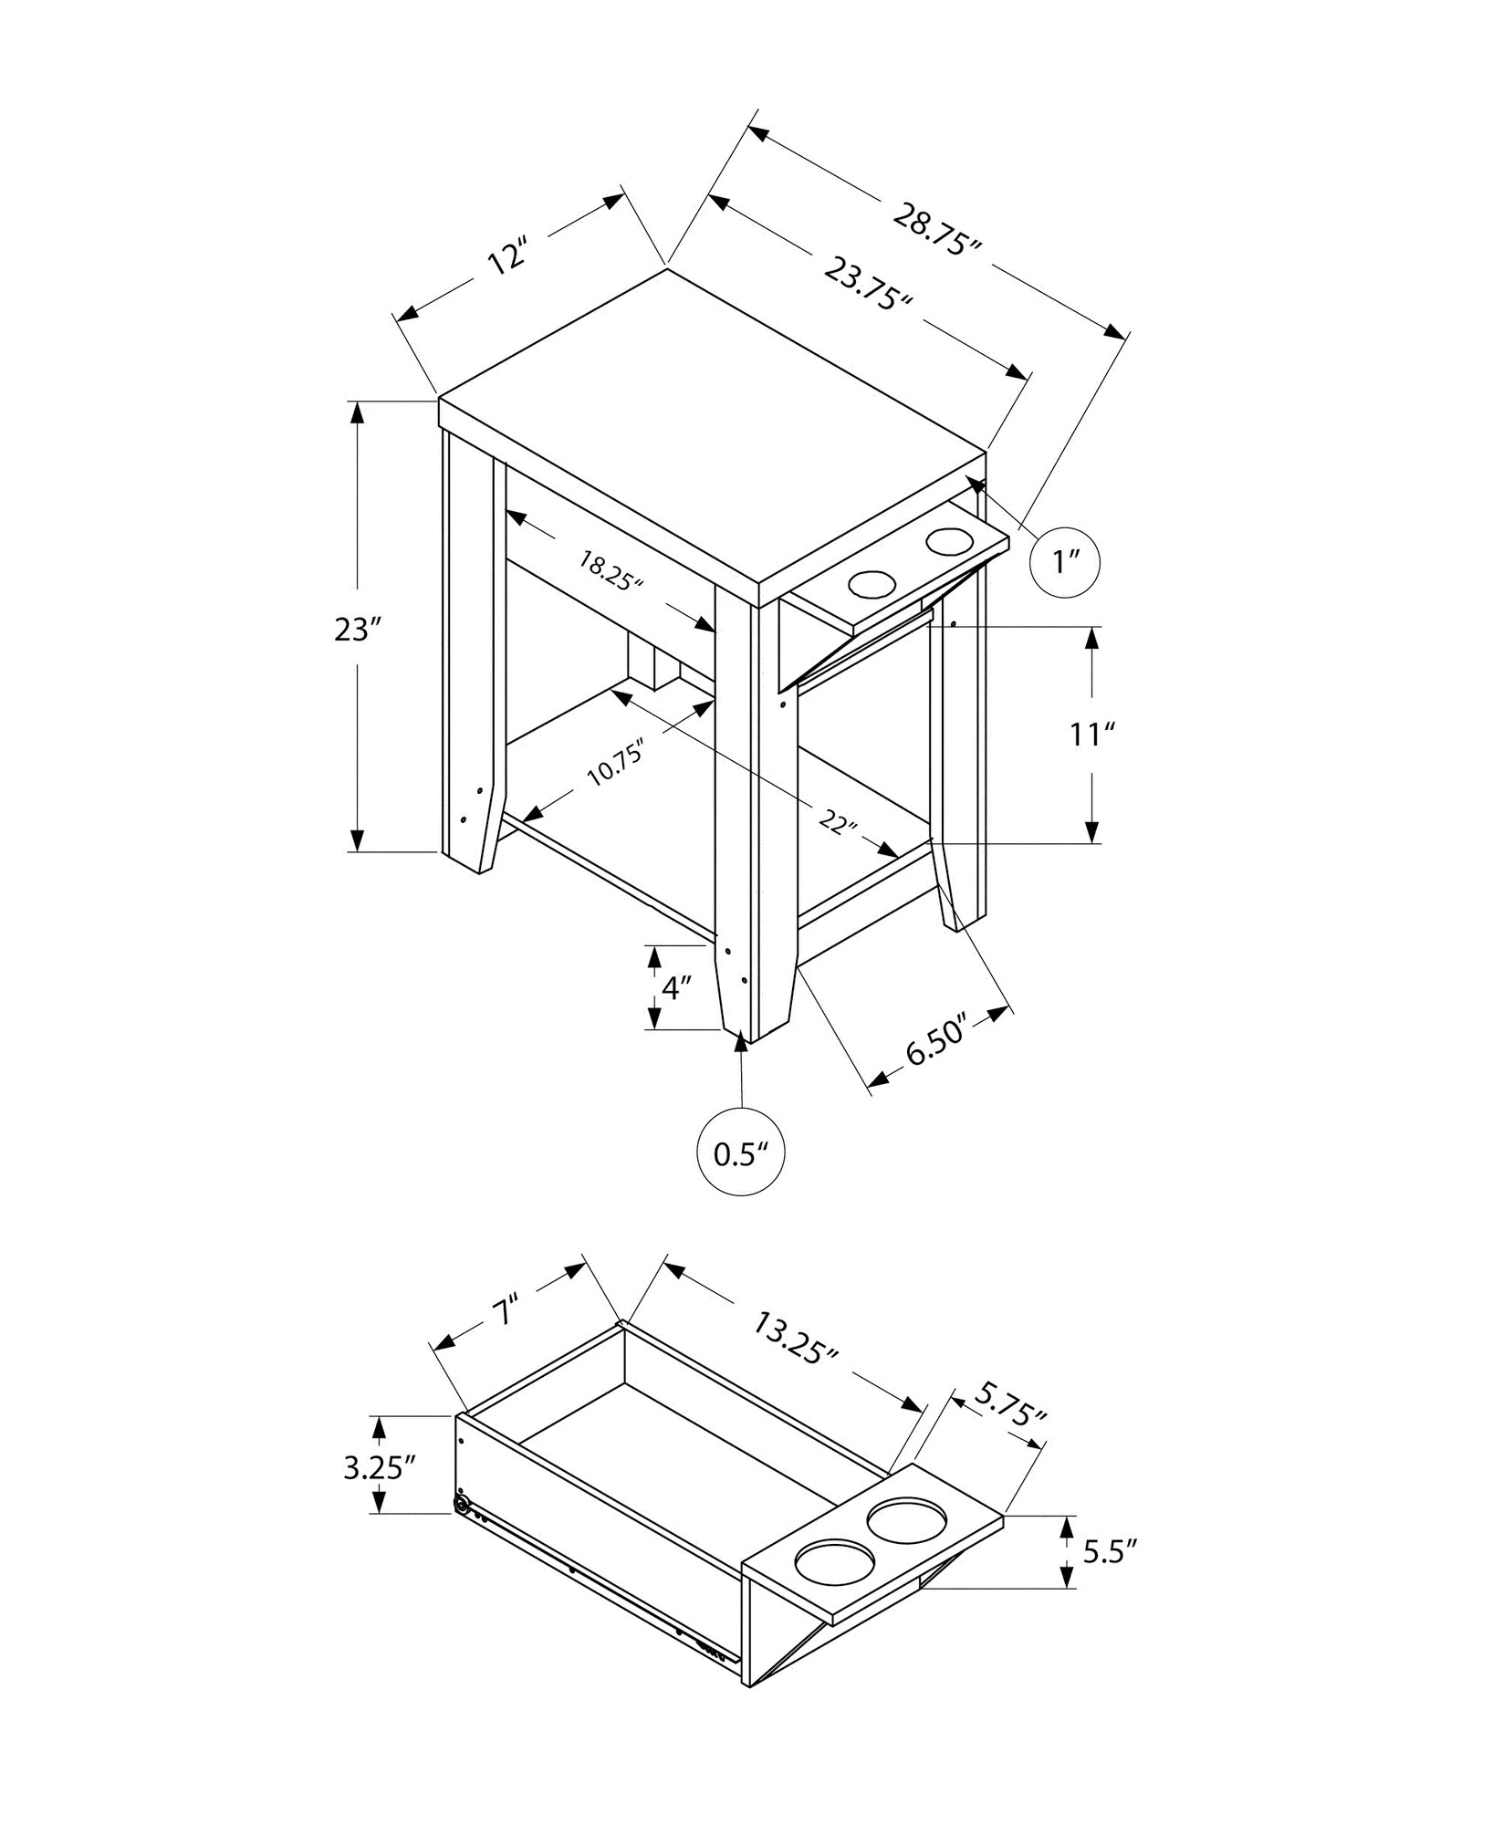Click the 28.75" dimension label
[938, 231]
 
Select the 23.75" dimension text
[869, 284]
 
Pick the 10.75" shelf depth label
[615, 763]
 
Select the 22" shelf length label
[839, 821]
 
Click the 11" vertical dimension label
[1093, 734]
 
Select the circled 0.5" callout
[741, 1154]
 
